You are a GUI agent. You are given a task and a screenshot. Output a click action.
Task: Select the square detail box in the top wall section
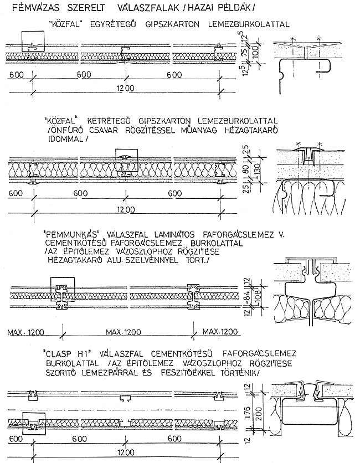click(x=32, y=42)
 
